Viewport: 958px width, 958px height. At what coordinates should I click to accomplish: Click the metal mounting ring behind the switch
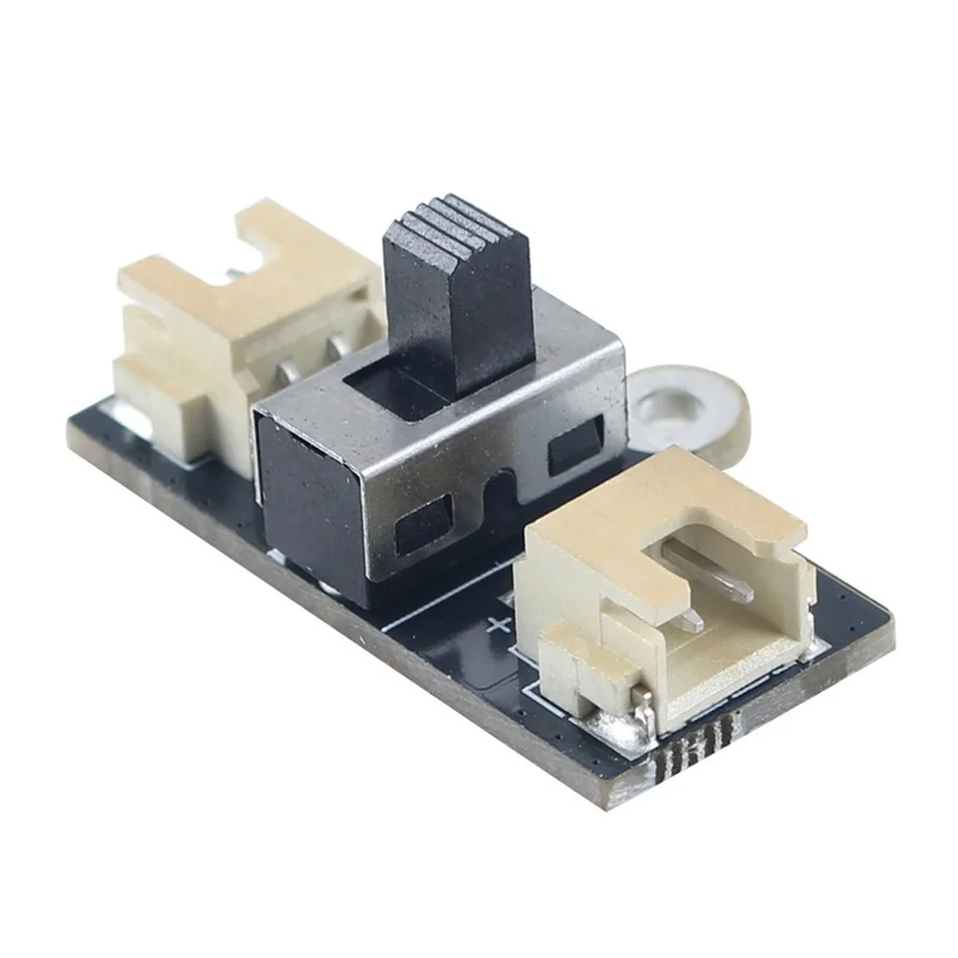coord(683,407)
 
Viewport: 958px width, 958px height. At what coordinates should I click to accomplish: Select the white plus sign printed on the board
coord(499,627)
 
